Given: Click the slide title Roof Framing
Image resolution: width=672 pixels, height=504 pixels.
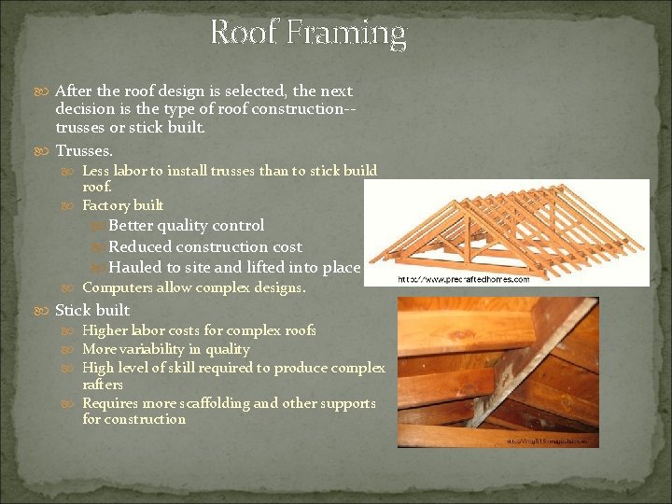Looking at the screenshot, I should tap(308, 34).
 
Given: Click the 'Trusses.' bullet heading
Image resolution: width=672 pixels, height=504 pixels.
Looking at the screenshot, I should tap(84, 150).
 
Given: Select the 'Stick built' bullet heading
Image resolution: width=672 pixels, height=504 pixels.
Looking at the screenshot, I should tap(92, 310).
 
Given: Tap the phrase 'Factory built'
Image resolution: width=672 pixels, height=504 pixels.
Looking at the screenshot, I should tap(122, 205).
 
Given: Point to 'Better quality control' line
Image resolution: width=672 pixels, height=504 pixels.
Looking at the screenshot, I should tap(186, 225).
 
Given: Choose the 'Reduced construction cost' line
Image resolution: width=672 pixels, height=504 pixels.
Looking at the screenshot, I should tap(205, 246).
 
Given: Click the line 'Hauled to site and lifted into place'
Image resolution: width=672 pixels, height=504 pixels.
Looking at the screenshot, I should tap(233, 268).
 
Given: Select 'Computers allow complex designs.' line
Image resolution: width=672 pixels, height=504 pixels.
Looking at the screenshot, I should tap(193, 288).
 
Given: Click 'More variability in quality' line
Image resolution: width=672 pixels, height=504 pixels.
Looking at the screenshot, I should tap(166, 349).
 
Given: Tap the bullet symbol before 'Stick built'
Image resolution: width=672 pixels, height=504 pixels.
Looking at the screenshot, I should tap(46, 311).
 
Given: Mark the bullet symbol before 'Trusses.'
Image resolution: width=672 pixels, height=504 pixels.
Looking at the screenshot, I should tap(46, 151).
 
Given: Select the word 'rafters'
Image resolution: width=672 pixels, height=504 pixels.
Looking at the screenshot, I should tap(102, 384).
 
